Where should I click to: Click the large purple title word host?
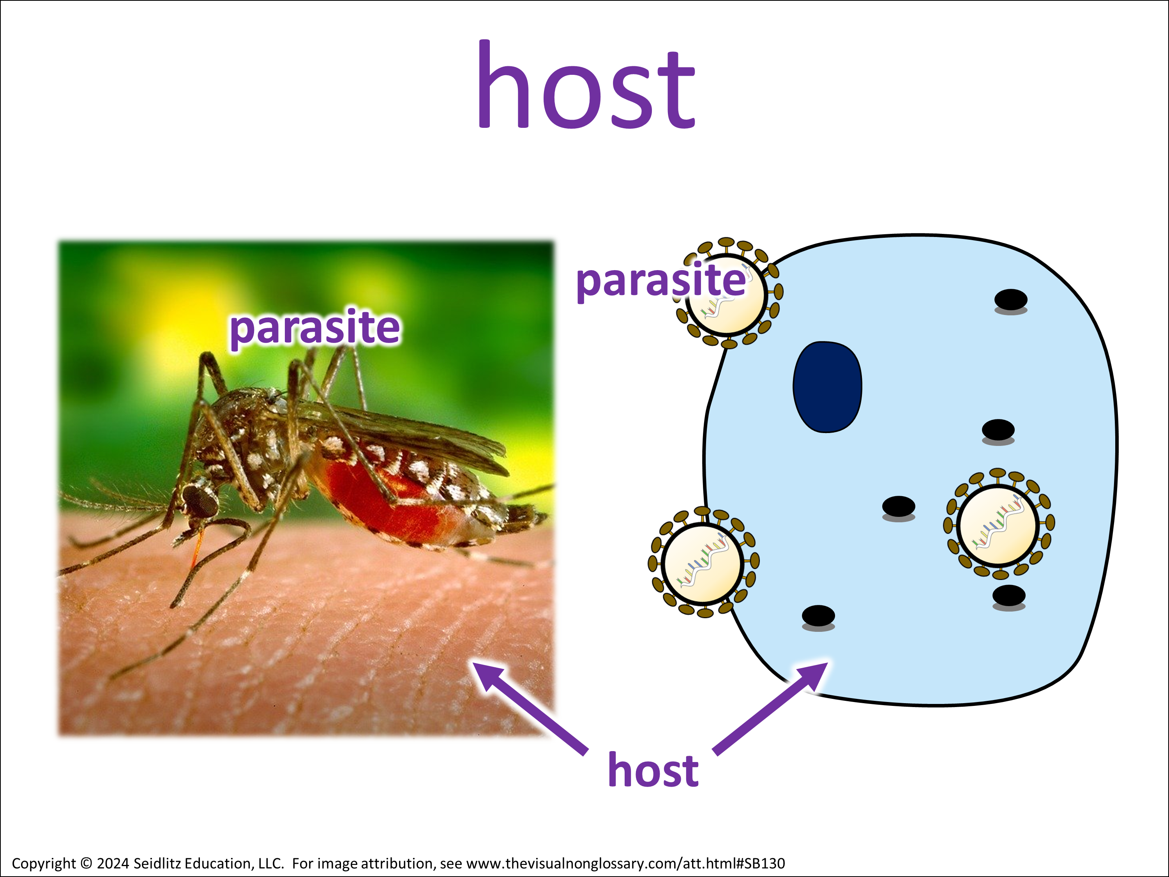[586, 85]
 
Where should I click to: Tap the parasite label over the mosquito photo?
[315, 328]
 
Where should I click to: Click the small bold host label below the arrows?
[653, 770]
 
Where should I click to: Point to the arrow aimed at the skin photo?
[530, 708]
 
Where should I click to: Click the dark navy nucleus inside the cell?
[827, 387]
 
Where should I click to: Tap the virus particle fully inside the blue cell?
[997, 524]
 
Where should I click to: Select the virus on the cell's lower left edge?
[703, 562]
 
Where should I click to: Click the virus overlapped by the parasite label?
[728, 294]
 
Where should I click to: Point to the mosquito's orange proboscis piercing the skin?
[197, 547]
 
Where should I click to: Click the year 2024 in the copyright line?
[113, 863]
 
